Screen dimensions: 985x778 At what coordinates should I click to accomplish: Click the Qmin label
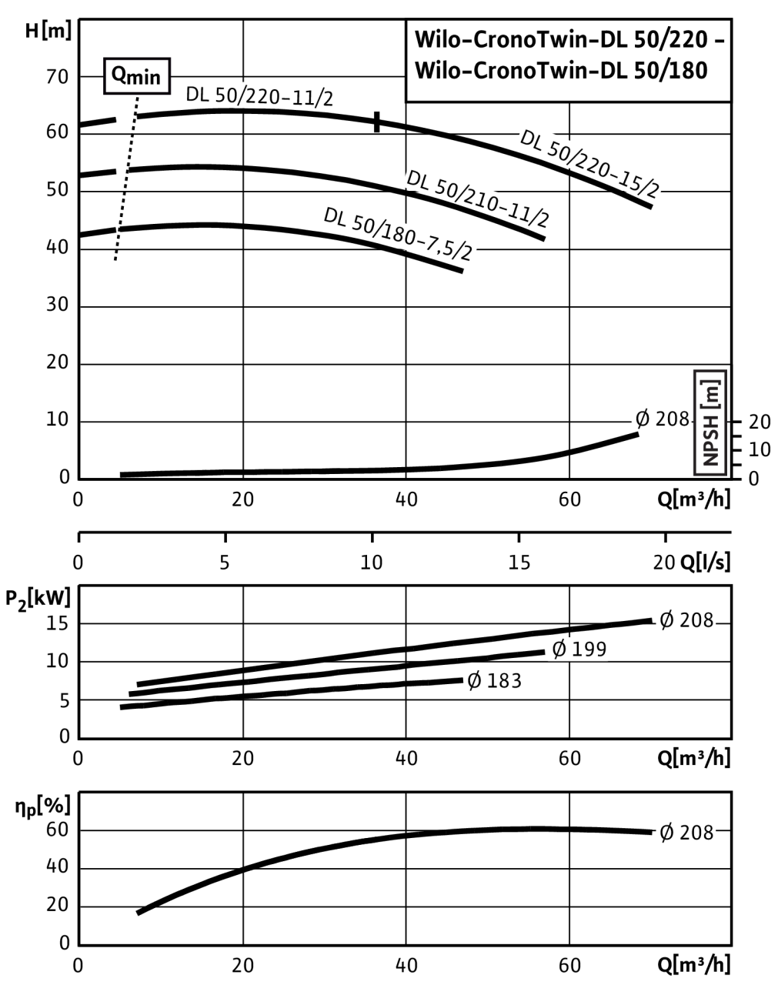tap(136, 76)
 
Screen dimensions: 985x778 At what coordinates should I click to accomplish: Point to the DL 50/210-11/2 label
tap(478, 199)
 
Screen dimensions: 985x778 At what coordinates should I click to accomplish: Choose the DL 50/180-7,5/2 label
tap(398, 235)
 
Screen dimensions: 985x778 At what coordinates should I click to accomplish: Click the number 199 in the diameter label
tap(589, 649)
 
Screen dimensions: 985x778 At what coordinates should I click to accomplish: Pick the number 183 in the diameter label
tap(504, 681)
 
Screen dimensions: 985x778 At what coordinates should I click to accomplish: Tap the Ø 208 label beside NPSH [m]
tap(662, 419)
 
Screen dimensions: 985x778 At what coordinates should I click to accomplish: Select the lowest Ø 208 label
tap(686, 833)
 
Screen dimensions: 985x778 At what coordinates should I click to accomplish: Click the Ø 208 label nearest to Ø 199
tap(686, 619)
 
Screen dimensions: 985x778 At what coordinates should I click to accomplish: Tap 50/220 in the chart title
tap(661, 40)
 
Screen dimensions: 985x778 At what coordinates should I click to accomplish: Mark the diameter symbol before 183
tap(475, 681)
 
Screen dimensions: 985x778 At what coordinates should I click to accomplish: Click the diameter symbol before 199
tap(559, 649)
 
